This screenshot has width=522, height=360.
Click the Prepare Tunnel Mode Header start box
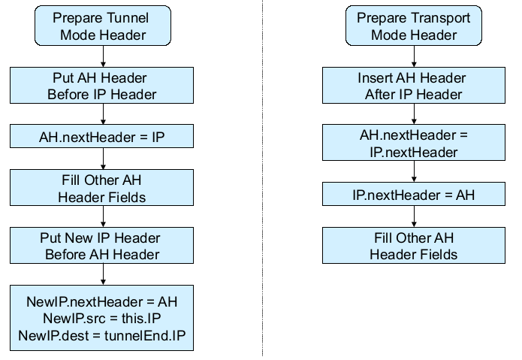point(104,26)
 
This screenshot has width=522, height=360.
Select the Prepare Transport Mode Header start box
point(413,26)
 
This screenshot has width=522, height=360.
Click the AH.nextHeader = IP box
point(104,137)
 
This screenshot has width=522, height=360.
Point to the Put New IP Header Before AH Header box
point(104,246)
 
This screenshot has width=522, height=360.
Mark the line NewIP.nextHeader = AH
point(104,301)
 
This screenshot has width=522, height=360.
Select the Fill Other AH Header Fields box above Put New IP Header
point(104,189)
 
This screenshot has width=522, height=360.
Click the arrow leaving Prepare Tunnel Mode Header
point(104,56)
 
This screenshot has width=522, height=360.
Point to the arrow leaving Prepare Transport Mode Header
point(413,56)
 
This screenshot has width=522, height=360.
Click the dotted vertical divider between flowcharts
point(262,180)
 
